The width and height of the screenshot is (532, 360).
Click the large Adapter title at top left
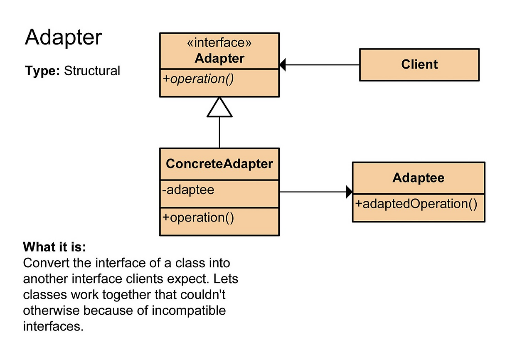[x=63, y=38]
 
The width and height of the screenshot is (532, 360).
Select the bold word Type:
[x=43, y=71]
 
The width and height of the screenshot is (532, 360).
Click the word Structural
[x=92, y=71]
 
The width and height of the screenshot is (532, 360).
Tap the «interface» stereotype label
[x=219, y=43]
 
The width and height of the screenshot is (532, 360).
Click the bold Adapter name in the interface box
[x=219, y=58]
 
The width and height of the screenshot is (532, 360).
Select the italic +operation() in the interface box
[x=199, y=79]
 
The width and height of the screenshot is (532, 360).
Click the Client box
[x=419, y=64]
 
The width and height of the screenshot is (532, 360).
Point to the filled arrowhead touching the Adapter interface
[x=283, y=65]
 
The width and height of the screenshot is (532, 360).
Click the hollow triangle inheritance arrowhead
[x=219, y=107]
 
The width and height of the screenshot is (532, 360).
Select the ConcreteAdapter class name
[x=219, y=164]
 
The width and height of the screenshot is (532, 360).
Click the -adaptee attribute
[x=188, y=190]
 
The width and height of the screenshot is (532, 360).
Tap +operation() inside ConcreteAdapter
[x=199, y=217]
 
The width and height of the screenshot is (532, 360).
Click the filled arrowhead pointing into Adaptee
[x=349, y=192]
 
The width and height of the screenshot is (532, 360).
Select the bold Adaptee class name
[x=418, y=178]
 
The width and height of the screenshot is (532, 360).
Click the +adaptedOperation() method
[x=416, y=204]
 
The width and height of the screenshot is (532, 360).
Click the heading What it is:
[x=54, y=247]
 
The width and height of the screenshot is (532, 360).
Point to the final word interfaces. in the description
[x=53, y=326]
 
